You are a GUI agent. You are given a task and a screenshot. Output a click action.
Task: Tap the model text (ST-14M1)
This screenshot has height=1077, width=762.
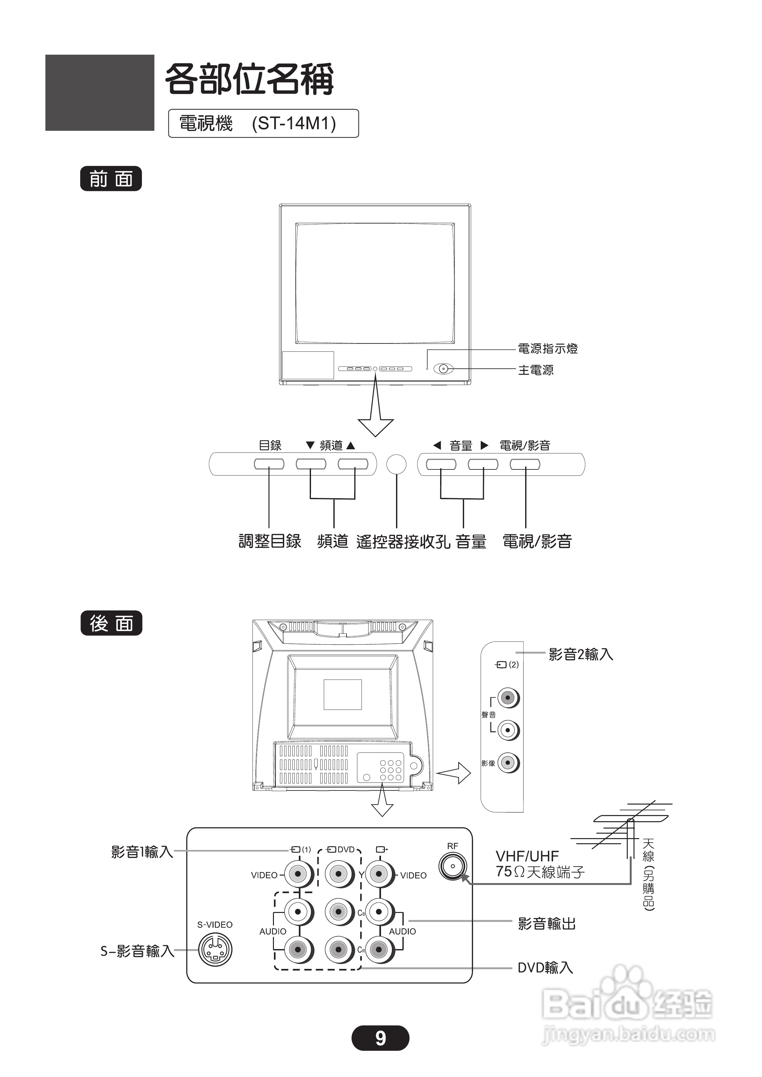coord(294,123)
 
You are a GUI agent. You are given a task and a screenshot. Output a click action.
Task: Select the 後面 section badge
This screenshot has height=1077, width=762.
coord(111,623)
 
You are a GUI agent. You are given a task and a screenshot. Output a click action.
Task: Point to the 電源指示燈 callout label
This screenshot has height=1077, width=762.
coord(548,349)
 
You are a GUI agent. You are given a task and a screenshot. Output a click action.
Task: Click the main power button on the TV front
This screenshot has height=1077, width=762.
coord(443,369)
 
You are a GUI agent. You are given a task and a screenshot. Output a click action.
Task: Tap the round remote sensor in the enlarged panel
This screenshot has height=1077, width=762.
coord(396,464)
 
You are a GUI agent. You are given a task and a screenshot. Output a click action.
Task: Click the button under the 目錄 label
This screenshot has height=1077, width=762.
coord(269,464)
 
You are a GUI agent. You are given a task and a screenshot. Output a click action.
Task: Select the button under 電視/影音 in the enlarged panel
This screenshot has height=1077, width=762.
coord(525,464)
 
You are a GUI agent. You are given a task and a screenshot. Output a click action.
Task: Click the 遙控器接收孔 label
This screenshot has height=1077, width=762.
coord(403,542)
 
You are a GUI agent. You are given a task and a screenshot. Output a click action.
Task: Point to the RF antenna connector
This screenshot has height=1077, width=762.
coord(453,866)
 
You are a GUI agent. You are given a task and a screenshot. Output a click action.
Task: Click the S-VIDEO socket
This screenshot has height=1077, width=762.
coord(215,949)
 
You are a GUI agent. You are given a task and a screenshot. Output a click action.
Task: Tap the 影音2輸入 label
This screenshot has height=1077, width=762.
coord(581,654)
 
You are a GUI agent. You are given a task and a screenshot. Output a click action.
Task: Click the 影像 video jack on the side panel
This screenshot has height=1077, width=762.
coord(507,763)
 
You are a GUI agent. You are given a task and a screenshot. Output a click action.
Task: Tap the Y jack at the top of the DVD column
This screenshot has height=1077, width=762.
coord(339,874)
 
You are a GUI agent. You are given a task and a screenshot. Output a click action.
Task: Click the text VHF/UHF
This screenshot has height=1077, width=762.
coord(527,856)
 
